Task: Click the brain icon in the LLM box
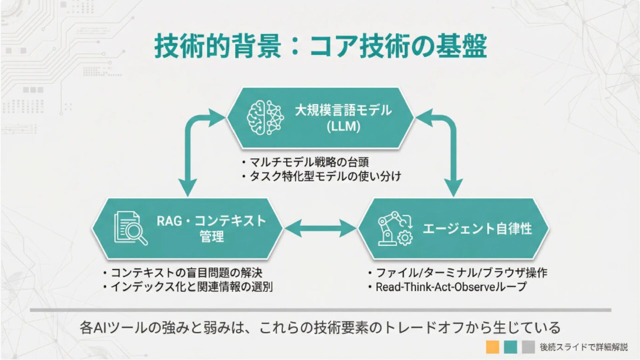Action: click(265, 118)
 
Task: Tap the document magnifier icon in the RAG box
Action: click(130, 228)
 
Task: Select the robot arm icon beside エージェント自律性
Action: click(395, 228)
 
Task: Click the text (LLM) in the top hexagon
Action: click(343, 127)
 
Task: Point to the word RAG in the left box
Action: click(169, 221)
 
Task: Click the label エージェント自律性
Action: click(477, 229)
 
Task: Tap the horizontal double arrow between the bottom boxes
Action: click(320, 228)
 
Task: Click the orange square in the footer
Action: click(492, 347)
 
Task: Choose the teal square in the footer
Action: click(510, 347)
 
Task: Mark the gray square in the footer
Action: click(528, 347)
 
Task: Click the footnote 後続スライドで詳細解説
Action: click(584, 347)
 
